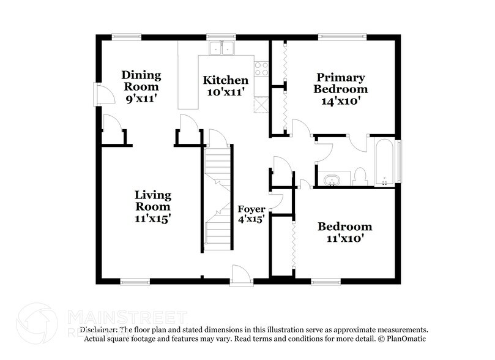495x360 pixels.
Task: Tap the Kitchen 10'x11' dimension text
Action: [225, 92]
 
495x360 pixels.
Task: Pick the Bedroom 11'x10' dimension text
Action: [344, 238]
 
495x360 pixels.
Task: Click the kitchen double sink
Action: [221, 48]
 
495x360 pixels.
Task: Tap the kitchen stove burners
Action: [262, 68]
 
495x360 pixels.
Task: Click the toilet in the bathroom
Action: [360, 176]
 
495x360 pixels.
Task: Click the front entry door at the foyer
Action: [241, 276]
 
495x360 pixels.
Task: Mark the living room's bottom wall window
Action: [135, 282]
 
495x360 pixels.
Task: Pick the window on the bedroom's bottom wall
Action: [326, 282]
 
